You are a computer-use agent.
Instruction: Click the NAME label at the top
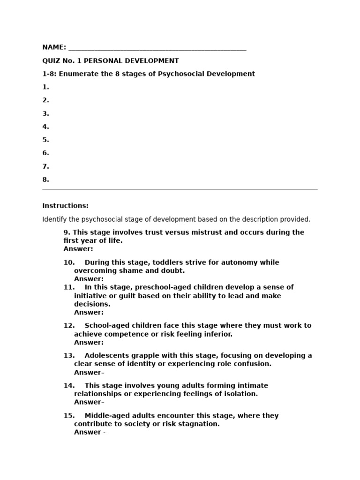pyautogui.click(x=53, y=47)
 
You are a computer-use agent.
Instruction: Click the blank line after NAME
pyautogui.click(x=157, y=49)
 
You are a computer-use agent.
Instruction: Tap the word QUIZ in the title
pyautogui.click(x=51, y=60)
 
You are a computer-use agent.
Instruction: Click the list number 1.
pyautogui.click(x=45, y=87)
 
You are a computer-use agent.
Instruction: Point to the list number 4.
pyautogui.click(x=45, y=127)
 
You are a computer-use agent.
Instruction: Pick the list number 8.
pyautogui.click(x=45, y=179)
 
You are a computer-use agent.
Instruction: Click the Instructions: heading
pyautogui.click(x=65, y=206)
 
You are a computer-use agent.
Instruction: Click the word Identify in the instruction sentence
pyautogui.click(x=55, y=219)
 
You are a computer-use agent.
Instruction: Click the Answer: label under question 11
pyautogui.click(x=89, y=312)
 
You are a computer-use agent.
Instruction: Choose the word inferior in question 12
pyautogui.click(x=217, y=334)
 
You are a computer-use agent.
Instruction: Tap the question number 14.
pyautogui.click(x=69, y=385)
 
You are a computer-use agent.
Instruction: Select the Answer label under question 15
pyautogui.click(x=87, y=432)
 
